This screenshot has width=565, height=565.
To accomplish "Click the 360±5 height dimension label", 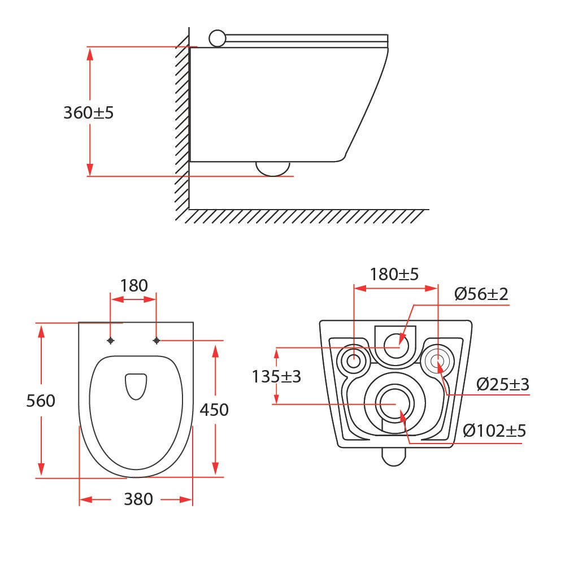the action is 88,113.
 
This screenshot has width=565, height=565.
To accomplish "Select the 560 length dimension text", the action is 41,401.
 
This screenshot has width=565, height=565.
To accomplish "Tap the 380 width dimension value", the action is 138,499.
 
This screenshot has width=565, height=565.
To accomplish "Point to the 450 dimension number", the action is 214,410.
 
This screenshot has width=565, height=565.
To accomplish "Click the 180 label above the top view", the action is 134,286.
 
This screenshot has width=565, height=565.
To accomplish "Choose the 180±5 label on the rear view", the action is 394,274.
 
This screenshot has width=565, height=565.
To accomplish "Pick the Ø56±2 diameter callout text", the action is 481,294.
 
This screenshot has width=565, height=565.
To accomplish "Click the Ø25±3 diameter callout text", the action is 503,384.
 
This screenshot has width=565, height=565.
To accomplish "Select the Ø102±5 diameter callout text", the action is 494,430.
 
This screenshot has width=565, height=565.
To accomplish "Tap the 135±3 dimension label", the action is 276,376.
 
